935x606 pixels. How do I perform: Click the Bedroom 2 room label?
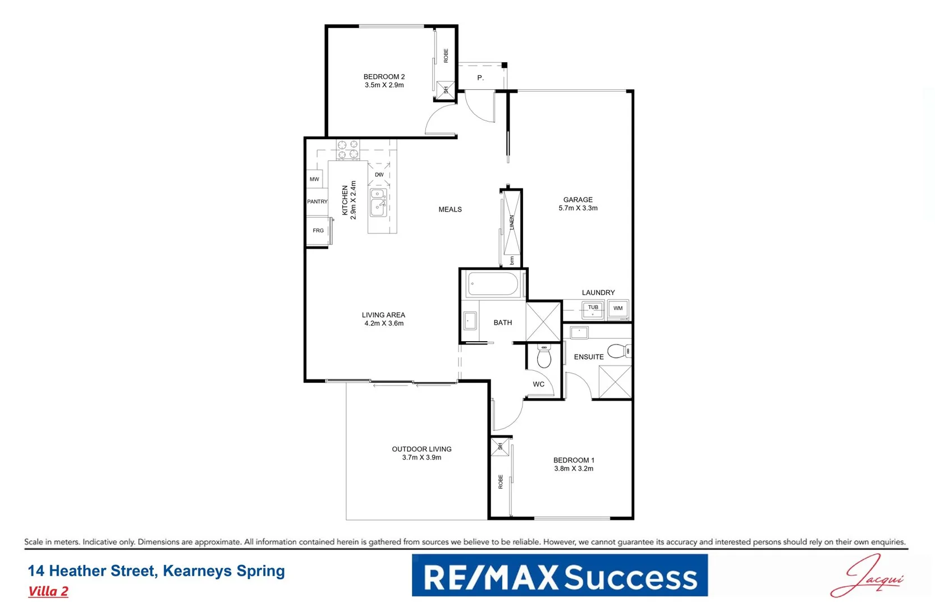pos(384,77)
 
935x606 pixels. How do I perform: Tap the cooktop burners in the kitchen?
pos(347,149)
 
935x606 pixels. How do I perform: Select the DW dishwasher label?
pos(379,175)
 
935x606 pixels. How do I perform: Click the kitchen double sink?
pos(378,202)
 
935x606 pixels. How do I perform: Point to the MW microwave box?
pos(314,179)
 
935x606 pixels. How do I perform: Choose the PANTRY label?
pos(317,201)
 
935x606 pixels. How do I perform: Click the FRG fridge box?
pos(318,231)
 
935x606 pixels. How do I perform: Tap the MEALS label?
pos(450,209)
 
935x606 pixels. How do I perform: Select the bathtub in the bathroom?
pos(493,284)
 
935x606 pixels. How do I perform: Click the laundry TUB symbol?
pos(593,309)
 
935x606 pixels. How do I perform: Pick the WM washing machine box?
pos(618,309)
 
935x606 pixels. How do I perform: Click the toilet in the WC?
pos(544,356)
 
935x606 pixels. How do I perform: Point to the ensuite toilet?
pos(618,351)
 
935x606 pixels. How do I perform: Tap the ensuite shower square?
pos(615,382)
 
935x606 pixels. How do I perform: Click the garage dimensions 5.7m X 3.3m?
pos(577,208)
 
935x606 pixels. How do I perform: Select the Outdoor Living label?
pos(421,449)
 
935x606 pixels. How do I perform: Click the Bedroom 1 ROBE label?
pos(501,481)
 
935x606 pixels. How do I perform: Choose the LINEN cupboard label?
pos(511,222)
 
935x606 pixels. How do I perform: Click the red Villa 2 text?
pos(48,591)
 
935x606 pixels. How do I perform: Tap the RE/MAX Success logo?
pos(560,576)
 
